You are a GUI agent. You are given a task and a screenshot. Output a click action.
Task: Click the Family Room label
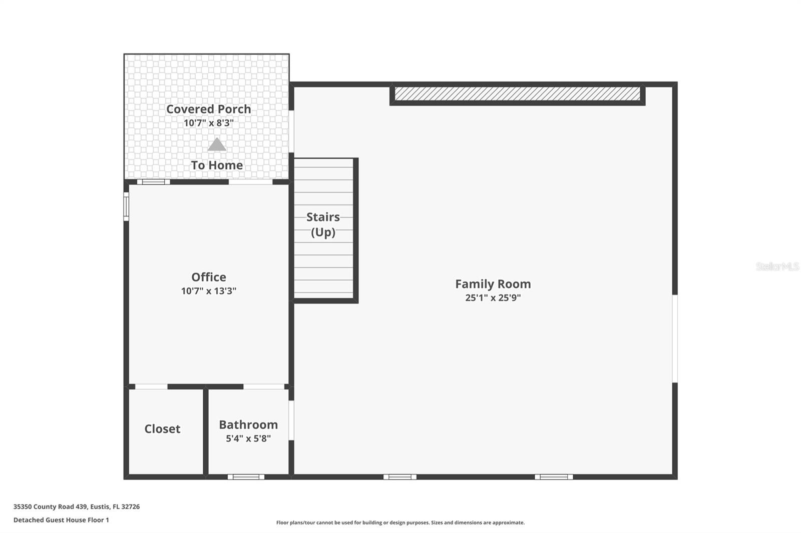493,283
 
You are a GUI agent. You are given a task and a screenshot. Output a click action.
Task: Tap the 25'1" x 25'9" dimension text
493,297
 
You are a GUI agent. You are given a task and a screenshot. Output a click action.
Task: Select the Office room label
208,277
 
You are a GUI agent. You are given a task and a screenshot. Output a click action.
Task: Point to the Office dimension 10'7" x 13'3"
208,290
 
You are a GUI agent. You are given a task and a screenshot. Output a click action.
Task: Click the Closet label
162,428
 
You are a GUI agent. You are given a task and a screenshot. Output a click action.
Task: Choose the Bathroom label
248,424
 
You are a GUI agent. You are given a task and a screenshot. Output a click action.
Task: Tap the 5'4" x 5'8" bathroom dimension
248,438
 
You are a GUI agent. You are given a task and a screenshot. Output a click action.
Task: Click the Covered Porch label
208,108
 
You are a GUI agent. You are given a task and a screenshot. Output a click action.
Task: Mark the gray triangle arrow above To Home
216,145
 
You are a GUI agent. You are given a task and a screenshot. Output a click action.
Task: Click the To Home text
216,165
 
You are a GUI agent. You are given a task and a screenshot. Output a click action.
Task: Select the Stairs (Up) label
323,224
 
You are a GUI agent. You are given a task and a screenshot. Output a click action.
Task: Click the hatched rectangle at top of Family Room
517,93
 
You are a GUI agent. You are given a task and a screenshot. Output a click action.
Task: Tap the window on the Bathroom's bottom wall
246,476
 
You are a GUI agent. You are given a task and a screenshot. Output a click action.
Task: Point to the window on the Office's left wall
126,206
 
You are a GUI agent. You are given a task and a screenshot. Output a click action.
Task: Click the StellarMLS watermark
777,266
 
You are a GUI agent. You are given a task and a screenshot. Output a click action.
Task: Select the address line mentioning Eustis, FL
77,506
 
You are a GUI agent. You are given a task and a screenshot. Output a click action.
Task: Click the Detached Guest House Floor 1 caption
61,520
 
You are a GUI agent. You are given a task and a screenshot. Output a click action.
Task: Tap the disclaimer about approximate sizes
400,522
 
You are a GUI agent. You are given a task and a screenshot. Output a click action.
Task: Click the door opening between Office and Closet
151,386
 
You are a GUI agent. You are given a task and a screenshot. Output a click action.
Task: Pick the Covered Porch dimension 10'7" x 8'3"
208,122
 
